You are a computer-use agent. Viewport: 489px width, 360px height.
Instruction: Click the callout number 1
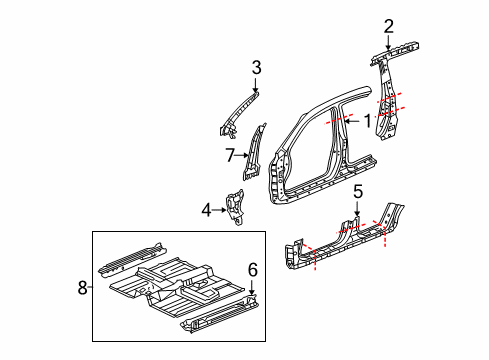(x=367, y=121)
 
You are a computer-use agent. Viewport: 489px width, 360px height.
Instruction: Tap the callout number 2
(x=389, y=26)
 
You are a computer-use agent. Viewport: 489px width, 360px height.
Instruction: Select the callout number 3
(x=256, y=68)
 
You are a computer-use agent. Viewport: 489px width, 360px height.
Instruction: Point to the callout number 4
(x=206, y=210)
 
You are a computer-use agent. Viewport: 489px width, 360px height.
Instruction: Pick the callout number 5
(x=358, y=192)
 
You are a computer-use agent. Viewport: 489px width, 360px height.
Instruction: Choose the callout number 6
(x=253, y=270)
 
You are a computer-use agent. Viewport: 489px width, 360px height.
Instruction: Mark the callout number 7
(x=230, y=155)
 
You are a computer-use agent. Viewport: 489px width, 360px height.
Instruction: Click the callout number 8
(x=82, y=287)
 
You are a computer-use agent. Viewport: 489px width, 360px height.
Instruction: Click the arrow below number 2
(x=388, y=43)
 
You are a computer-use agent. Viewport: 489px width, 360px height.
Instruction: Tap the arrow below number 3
(x=255, y=85)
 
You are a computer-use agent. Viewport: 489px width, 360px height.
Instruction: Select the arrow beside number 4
(x=219, y=210)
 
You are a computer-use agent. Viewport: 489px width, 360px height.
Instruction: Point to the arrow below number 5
(x=357, y=209)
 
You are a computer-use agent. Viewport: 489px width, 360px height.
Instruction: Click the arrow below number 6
(x=252, y=287)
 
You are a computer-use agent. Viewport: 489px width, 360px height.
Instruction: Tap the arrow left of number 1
(x=352, y=121)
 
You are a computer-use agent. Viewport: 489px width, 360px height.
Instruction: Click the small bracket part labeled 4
(x=235, y=207)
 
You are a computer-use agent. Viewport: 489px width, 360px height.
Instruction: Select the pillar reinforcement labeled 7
(x=254, y=153)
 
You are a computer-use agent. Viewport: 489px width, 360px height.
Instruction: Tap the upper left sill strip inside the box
(x=131, y=261)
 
